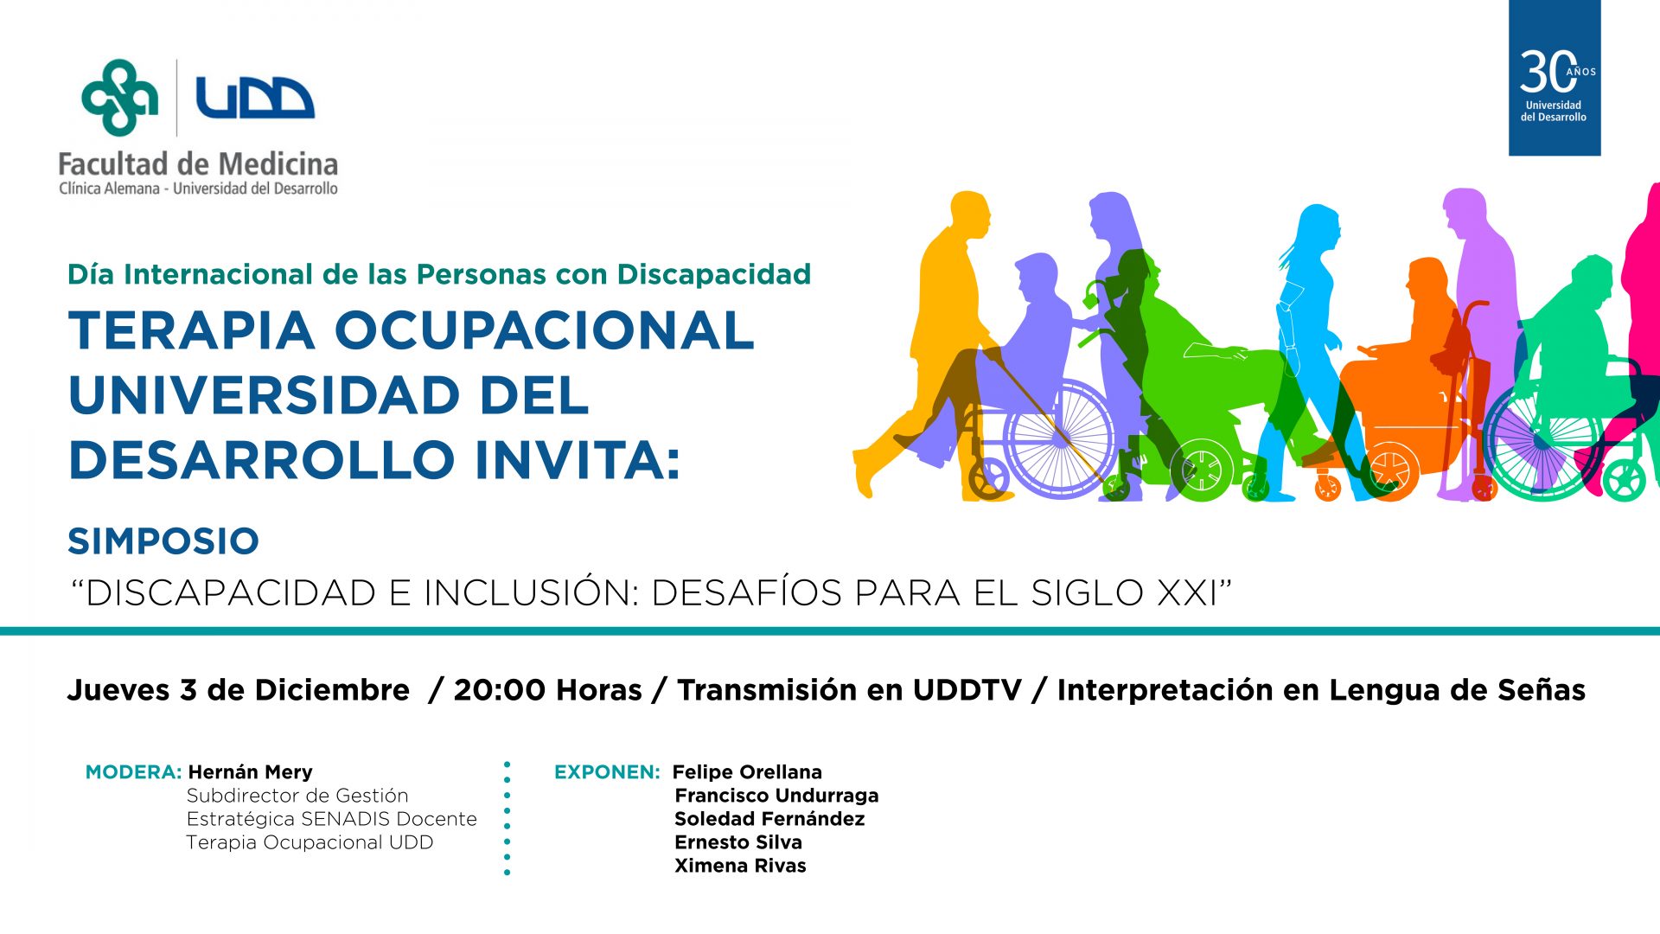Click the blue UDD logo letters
255,97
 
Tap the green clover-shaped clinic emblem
119,98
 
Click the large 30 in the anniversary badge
1548,71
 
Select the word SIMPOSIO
163,541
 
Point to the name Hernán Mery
250,771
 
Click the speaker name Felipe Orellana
747,771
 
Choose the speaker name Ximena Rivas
740,865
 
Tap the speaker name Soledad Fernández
769,818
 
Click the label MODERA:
133,771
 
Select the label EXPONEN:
607,771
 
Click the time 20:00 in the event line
500,689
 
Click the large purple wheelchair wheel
1063,439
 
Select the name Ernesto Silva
738,841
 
